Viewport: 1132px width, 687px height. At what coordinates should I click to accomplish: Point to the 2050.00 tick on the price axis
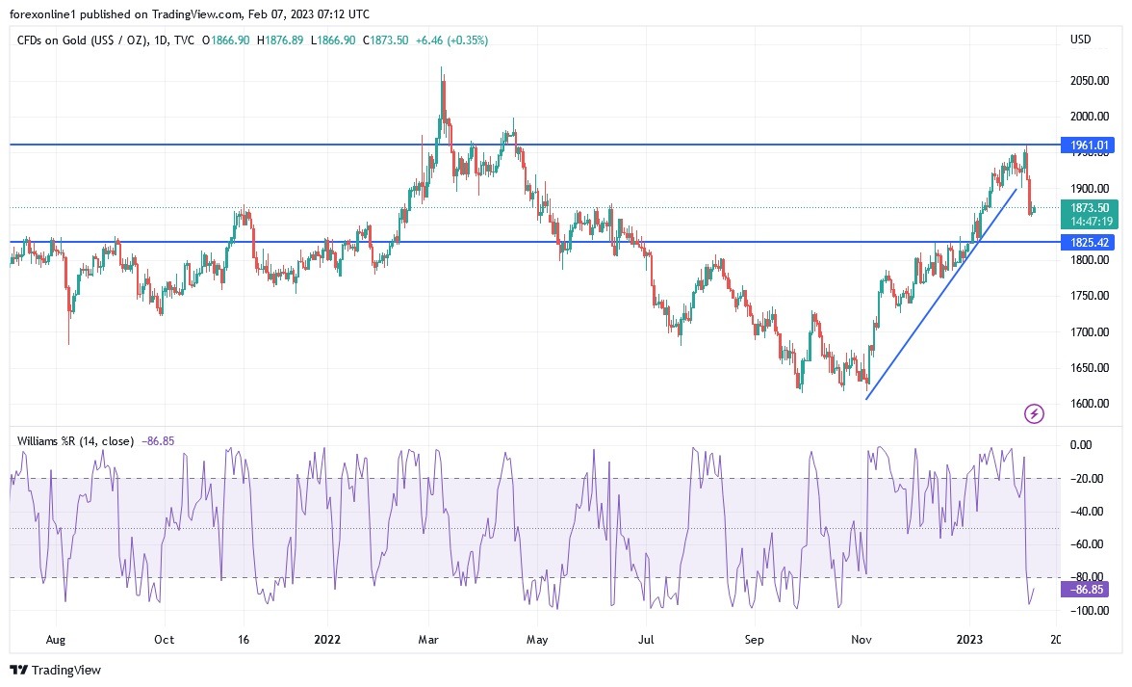(1090, 81)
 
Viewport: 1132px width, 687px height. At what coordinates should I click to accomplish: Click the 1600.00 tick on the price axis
(1090, 404)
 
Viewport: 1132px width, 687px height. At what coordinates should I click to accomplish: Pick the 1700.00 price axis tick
(1090, 332)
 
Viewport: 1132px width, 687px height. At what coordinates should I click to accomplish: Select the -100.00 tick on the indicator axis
(1091, 611)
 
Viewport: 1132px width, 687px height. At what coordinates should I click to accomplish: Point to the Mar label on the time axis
(430, 639)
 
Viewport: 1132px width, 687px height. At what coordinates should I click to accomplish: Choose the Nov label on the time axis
(862, 639)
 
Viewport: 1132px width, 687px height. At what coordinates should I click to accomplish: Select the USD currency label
(1081, 40)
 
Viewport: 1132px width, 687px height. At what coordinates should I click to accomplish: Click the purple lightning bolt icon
(1034, 414)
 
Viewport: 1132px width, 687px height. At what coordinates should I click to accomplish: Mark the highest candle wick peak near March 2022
(441, 67)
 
